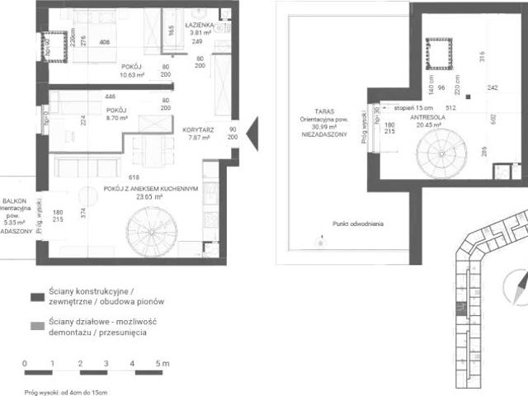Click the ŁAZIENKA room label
point(203,26)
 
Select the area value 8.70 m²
point(116,118)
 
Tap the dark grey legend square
point(35,297)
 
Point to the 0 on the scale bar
point(26,363)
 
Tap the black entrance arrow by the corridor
point(253,130)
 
